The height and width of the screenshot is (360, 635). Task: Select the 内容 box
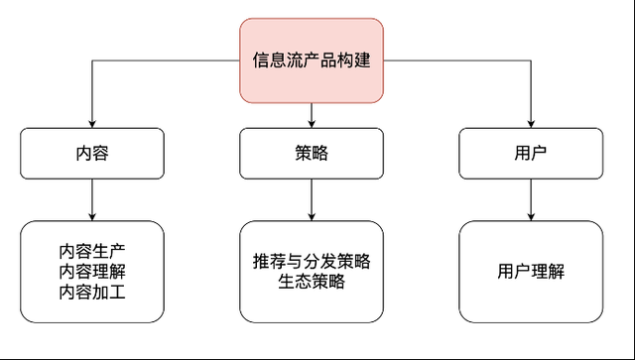coord(92,154)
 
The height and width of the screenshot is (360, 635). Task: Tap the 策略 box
coord(312,154)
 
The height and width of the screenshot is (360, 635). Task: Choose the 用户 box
coord(531,154)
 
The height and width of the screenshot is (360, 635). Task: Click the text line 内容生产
coord(92,250)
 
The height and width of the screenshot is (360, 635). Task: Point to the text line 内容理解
coord(92,271)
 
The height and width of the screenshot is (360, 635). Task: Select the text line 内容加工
coord(92,292)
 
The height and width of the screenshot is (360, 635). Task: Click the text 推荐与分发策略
coord(312,261)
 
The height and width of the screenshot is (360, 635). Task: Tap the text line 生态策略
coord(312,282)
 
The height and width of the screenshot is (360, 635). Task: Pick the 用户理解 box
coord(531,271)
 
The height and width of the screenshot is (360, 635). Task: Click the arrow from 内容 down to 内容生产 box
coord(92,198)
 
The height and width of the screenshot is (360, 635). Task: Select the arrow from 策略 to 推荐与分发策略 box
coord(312,198)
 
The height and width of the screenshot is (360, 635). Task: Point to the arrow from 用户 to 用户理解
coord(531,198)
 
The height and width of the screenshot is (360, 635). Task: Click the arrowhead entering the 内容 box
coord(92,123)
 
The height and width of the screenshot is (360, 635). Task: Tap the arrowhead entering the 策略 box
coord(312,123)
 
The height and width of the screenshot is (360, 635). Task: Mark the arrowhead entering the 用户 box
coord(531,123)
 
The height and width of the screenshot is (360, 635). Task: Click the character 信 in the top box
coord(260,60)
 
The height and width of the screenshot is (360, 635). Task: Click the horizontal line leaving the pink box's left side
coord(169,60)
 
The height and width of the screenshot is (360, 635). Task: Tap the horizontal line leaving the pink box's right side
coord(456,60)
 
